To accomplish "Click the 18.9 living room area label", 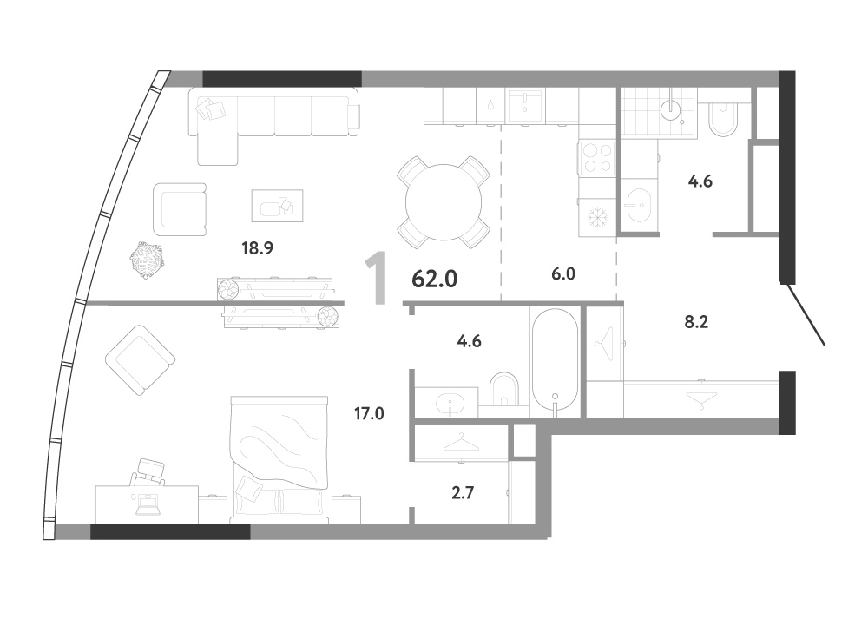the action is coord(258,248).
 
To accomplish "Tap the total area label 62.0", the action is coord(435,280).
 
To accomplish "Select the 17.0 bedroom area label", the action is coord(369,413).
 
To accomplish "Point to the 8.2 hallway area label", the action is coord(696,322).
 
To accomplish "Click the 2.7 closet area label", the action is coord(463,492).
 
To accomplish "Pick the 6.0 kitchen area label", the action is coord(563,273).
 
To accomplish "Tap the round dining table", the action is coord(444,202).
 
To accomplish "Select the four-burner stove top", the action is coord(597,158).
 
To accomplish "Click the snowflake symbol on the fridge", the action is coord(598,218).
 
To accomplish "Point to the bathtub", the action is coord(556,359).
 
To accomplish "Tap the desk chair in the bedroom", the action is coord(149,472).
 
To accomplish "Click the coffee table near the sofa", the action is coord(278,206).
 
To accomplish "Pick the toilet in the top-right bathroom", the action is coord(722,118).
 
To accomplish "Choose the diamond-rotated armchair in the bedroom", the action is coord(140,360).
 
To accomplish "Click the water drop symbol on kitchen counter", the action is coord(491,105).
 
